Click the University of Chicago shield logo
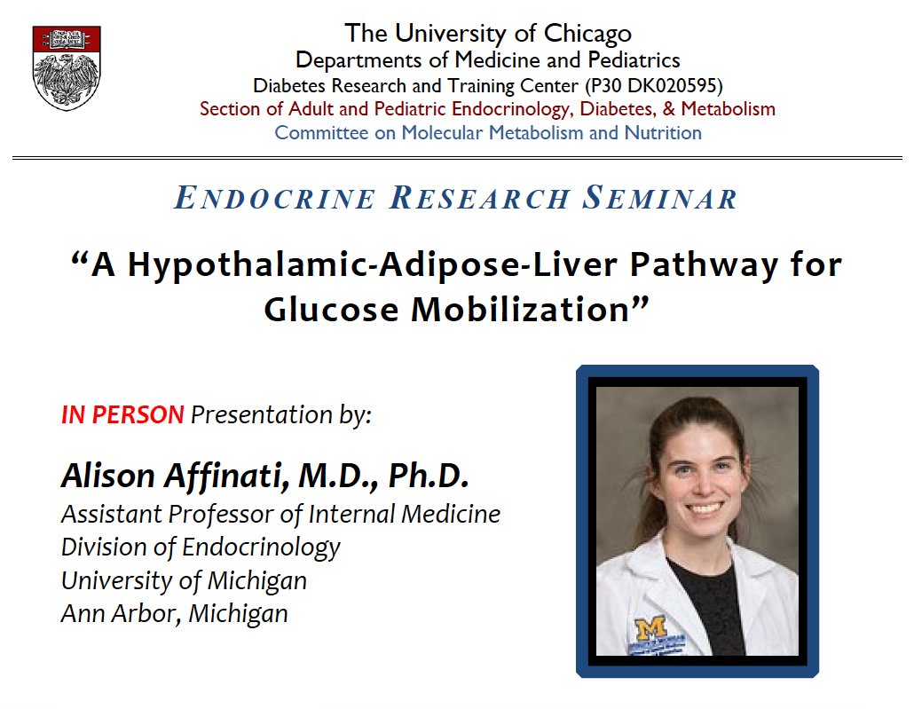point(66,67)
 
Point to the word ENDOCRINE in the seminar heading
point(275,199)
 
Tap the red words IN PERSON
point(122,414)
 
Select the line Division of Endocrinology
point(200,547)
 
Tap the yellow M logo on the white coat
point(649,627)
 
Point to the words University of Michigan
point(184,580)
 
